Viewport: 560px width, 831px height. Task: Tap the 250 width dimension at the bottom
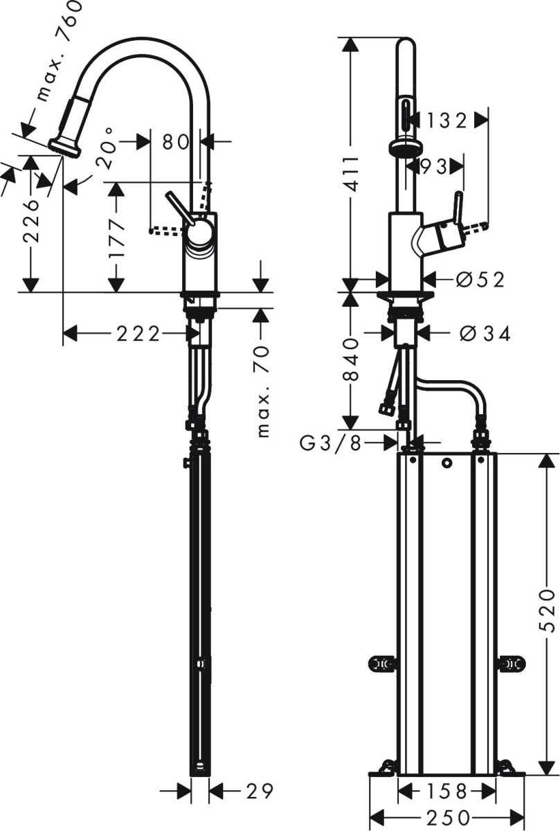(x=448, y=818)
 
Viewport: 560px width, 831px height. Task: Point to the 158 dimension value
(x=446, y=791)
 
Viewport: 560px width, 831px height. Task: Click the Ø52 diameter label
(x=480, y=280)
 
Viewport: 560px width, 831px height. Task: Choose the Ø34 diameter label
(x=485, y=333)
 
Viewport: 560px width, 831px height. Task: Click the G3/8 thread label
(x=331, y=443)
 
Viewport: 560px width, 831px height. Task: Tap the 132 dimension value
(x=446, y=120)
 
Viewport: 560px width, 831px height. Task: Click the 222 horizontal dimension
(x=138, y=334)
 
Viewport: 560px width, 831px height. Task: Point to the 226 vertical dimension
(x=30, y=220)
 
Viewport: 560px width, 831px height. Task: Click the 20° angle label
(x=105, y=148)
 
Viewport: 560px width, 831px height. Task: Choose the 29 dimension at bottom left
(x=259, y=790)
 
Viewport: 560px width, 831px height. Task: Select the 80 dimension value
(x=175, y=142)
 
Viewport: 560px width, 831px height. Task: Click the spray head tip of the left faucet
(x=64, y=148)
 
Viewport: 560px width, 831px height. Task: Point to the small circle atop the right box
(x=447, y=463)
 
